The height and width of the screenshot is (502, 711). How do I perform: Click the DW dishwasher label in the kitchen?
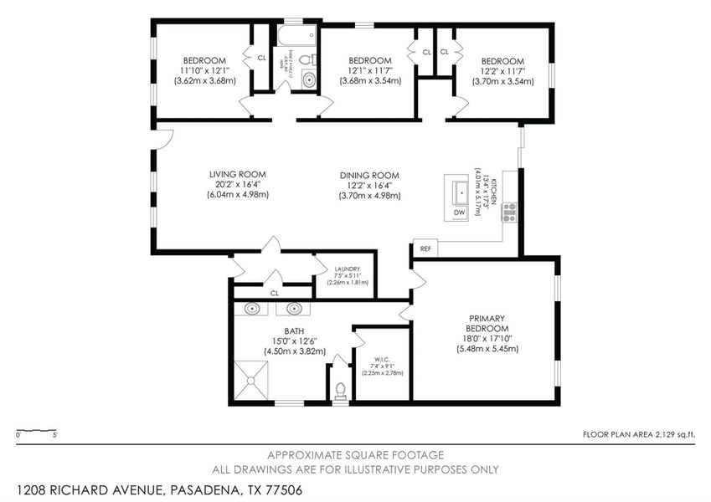coord(459,213)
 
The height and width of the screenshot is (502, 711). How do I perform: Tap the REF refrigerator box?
coord(425,248)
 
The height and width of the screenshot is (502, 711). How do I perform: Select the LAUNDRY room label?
coord(347,269)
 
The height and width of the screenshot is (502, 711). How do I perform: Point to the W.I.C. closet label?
coord(381,360)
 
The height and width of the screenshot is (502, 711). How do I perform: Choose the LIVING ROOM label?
coord(232,175)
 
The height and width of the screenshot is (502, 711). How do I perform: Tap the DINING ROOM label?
coord(370,175)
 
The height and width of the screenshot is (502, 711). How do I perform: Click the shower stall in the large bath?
coord(254,382)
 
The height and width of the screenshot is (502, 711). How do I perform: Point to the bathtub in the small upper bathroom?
coord(297,35)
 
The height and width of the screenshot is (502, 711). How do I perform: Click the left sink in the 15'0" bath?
coord(252,309)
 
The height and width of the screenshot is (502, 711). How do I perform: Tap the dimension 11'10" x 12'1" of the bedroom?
coord(205,71)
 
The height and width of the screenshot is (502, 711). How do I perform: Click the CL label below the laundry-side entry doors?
coord(274,294)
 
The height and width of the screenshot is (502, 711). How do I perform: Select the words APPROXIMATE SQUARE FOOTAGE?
coord(355,454)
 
